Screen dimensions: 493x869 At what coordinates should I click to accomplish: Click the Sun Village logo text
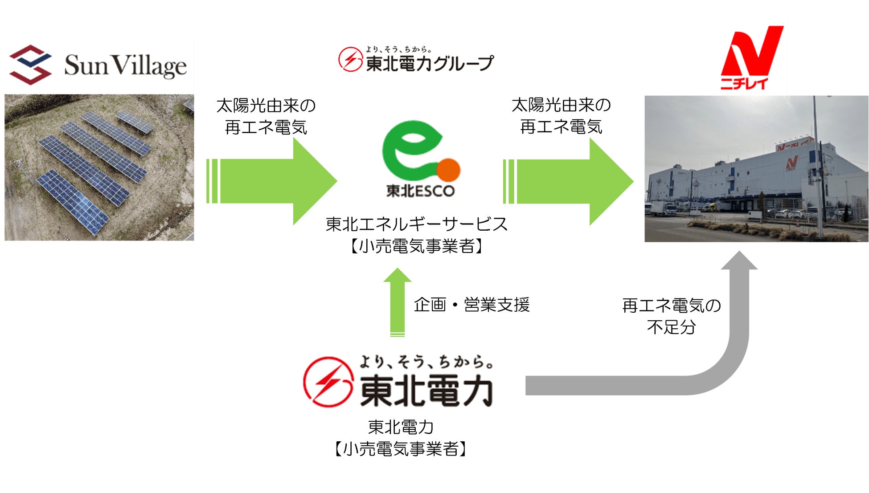pyautogui.click(x=125, y=65)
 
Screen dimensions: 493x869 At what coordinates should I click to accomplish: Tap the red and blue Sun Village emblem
pyautogui.click(x=30, y=65)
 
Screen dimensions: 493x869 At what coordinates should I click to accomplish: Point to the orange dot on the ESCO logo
pyautogui.click(x=448, y=170)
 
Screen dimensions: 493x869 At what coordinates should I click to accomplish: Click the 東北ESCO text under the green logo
pyautogui.click(x=420, y=191)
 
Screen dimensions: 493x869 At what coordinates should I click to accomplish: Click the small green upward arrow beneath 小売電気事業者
pyautogui.click(x=397, y=303)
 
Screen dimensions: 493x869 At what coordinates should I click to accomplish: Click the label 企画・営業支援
pyautogui.click(x=471, y=305)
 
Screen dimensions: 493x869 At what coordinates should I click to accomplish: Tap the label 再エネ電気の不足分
pyautogui.click(x=671, y=316)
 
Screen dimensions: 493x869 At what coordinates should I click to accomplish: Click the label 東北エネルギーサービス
pyautogui.click(x=417, y=224)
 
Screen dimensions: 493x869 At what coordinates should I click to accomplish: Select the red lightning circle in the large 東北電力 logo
pyautogui.click(x=329, y=382)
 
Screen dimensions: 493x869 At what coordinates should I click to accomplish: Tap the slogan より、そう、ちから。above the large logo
pyautogui.click(x=426, y=362)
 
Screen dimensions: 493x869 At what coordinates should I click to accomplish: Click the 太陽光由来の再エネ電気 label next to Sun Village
pyautogui.click(x=266, y=116)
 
